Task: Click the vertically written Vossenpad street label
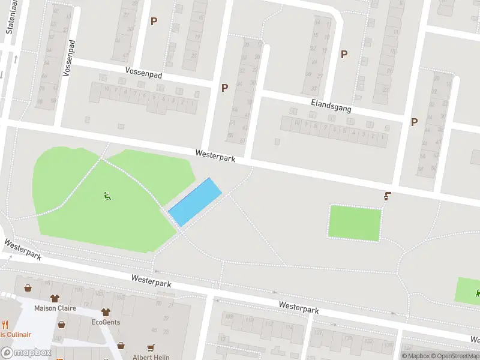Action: (68, 59)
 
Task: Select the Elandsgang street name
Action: (331, 106)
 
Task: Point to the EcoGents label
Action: (106, 322)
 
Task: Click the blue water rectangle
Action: (194, 202)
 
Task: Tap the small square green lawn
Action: (355, 223)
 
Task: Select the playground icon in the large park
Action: (107, 196)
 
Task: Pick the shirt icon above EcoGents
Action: (106, 312)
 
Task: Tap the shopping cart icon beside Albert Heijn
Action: (151, 347)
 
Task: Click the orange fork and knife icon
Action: (5, 325)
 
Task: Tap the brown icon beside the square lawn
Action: (388, 196)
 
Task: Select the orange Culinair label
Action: (14, 335)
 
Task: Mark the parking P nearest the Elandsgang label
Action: (344, 54)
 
